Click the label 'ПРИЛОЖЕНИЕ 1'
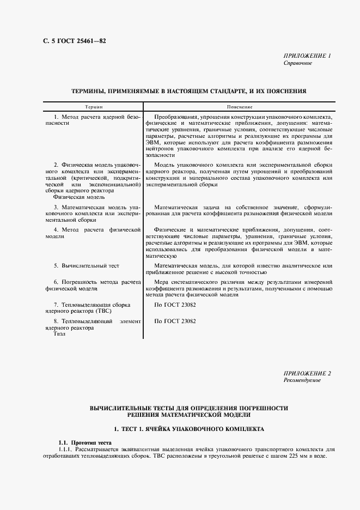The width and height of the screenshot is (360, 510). [x=307, y=56]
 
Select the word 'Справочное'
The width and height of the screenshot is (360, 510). [x=298, y=63]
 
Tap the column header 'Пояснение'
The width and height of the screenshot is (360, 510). [x=237, y=107]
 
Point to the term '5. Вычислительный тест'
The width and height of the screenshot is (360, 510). [x=86, y=265]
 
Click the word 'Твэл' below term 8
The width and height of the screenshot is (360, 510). [x=59, y=335]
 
